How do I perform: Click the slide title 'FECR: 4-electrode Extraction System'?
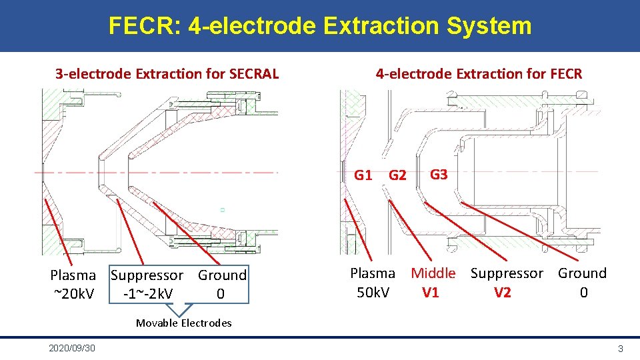(x=320, y=26)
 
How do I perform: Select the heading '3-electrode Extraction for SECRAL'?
(x=167, y=73)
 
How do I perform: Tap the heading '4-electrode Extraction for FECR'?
(x=479, y=73)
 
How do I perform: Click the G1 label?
(x=363, y=175)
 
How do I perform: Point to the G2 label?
(x=397, y=176)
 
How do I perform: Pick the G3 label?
(x=439, y=175)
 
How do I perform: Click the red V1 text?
(x=431, y=292)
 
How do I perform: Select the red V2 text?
(x=502, y=292)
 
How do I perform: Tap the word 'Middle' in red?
(x=433, y=273)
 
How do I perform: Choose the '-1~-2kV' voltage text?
(x=148, y=294)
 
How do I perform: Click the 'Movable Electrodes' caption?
(x=184, y=323)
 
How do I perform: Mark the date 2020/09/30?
(x=72, y=349)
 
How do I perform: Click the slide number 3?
(x=620, y=349)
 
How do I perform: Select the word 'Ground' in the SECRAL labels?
(x=222, y=275)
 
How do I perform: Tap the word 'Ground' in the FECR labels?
(x=582, y=273)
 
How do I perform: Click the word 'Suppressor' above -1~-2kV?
(x=147, y=275)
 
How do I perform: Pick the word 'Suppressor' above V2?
(x=507, y=273)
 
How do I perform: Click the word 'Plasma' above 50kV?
(x=373, y=273)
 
